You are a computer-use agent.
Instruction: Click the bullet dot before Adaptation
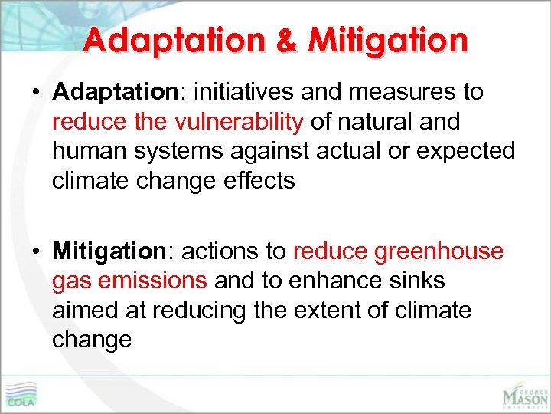(37, 93)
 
